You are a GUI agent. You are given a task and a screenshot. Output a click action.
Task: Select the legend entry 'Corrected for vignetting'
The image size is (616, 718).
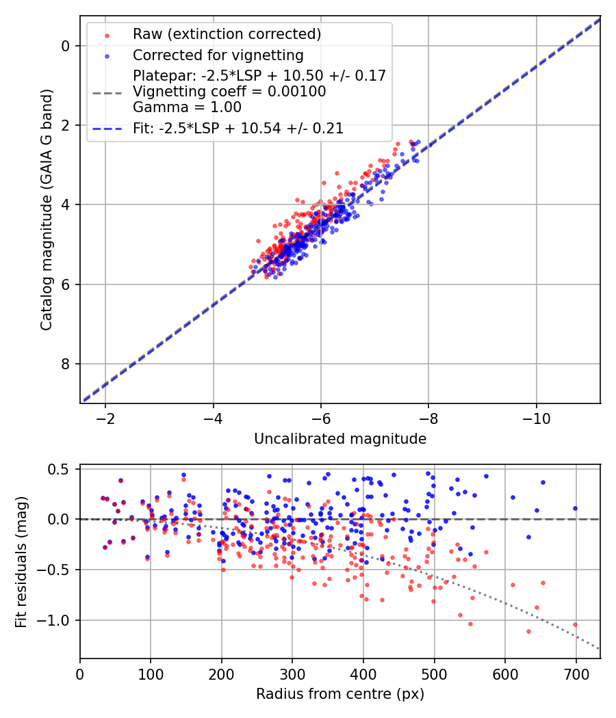218,55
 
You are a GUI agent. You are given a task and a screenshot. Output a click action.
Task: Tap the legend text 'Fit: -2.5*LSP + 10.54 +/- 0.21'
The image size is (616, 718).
238,128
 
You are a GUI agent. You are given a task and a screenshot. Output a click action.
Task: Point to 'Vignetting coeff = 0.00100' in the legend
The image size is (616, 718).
229,92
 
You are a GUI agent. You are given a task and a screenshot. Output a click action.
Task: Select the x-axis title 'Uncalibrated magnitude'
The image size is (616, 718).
340,439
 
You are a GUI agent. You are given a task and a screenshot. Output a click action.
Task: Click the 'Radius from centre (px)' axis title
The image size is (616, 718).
340,694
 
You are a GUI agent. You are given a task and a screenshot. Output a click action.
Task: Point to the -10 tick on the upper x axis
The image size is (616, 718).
536,417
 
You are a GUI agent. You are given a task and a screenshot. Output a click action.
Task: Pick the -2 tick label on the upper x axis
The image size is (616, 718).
105,417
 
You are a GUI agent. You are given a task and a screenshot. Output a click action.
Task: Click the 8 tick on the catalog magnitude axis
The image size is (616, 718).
66,364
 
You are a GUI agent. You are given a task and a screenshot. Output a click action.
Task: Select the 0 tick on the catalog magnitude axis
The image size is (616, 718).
66,46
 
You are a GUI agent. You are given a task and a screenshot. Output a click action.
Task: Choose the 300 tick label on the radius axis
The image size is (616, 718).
292,673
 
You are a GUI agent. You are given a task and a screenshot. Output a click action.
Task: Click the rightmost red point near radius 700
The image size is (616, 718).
575,624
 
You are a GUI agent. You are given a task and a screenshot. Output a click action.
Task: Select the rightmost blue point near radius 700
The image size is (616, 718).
575,508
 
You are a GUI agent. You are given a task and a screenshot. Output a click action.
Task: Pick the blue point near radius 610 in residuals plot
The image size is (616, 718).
513,498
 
